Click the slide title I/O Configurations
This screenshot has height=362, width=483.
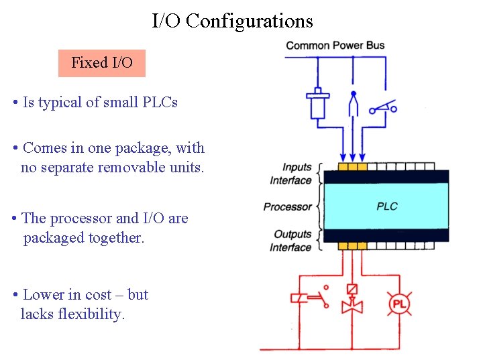tap(232, 21)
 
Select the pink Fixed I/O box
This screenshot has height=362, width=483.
tap(102, 63)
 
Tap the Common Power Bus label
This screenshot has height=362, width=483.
tap(335, 46)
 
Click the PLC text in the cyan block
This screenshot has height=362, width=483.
tap(387, 206)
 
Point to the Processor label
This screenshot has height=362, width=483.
tap(287, 207)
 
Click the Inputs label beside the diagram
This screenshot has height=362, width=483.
tap(297, 168)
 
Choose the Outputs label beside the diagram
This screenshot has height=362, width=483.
tap(292, 235)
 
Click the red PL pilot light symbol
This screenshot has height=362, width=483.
tap(399, 304)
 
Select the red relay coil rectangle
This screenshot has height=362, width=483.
tap(299, 298)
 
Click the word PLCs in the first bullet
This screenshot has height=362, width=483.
tap(159, 103)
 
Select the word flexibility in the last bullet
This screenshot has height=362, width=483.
tap(93, 314)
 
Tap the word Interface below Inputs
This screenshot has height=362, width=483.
tap(290, 180)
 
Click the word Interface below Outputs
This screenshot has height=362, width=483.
tap(290, 247)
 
